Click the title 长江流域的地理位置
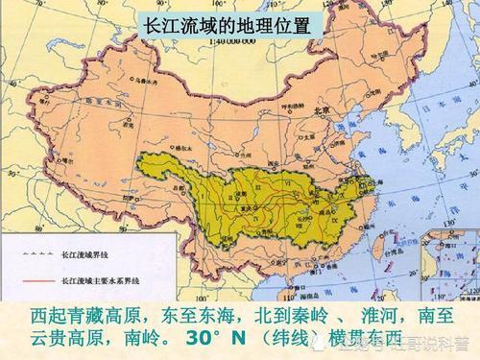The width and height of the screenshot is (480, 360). [x=227, y=25]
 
